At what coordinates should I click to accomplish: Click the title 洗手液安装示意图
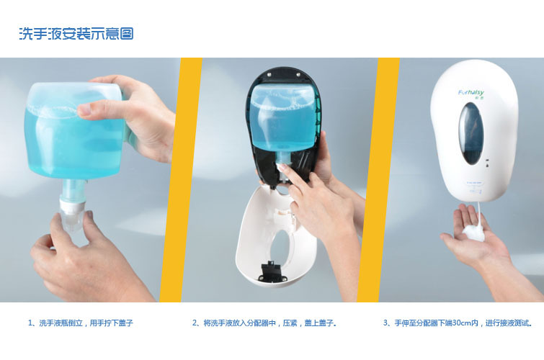76,34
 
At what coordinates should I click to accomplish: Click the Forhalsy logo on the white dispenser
471,93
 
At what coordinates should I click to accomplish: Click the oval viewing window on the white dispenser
471,133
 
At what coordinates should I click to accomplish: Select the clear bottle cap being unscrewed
71,219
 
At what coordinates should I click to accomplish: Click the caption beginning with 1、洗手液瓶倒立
81,323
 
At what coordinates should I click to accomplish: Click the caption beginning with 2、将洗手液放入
264,323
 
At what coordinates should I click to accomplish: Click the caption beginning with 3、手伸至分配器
458,323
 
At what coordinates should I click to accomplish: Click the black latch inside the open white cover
273,271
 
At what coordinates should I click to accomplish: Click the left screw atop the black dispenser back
270,73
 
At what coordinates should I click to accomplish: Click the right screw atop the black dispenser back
298,73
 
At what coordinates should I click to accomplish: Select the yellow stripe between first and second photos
181,180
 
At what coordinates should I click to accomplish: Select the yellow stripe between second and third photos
378,180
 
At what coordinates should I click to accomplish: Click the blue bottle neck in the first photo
72,189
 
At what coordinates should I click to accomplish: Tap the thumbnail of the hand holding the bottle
84,110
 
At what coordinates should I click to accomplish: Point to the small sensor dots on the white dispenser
487,163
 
